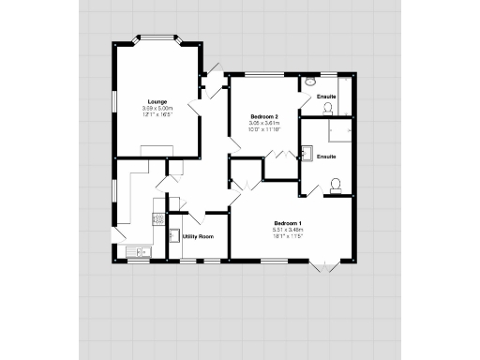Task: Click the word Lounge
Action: click(x=157, y=101)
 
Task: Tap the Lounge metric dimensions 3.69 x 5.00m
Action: click(x=157, y=108)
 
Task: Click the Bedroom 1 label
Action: click(x=287, y=223)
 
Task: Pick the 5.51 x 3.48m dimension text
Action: click(x=287, y=230)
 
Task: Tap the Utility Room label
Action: click(x=198, y=236)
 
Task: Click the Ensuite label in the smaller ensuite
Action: click(x=326, y=97)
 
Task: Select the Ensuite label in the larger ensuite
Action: click(x=326, y=156)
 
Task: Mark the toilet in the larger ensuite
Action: click(x=335, y=184)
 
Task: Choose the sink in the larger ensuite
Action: click(x=307, y=153)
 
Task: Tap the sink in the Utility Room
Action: click(x=173, y=235)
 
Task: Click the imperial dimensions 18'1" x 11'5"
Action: click(x=287, y=236)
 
